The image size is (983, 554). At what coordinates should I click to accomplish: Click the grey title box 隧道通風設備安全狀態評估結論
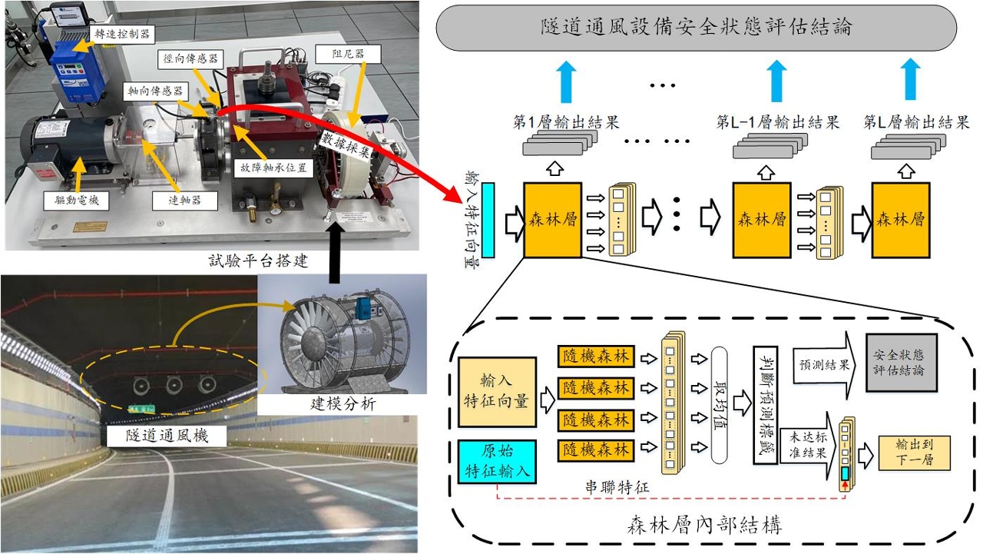[696, 28]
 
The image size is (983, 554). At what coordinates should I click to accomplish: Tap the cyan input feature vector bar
[489, 220]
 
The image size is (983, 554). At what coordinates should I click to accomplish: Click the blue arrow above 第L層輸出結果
[911, 81]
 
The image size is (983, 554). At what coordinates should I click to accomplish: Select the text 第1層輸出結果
[565, 122]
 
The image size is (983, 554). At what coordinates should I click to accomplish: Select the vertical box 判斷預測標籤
[765, 403]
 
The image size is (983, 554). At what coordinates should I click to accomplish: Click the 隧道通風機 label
[167, 436]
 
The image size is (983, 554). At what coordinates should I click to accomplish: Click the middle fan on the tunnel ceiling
[173, 383]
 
